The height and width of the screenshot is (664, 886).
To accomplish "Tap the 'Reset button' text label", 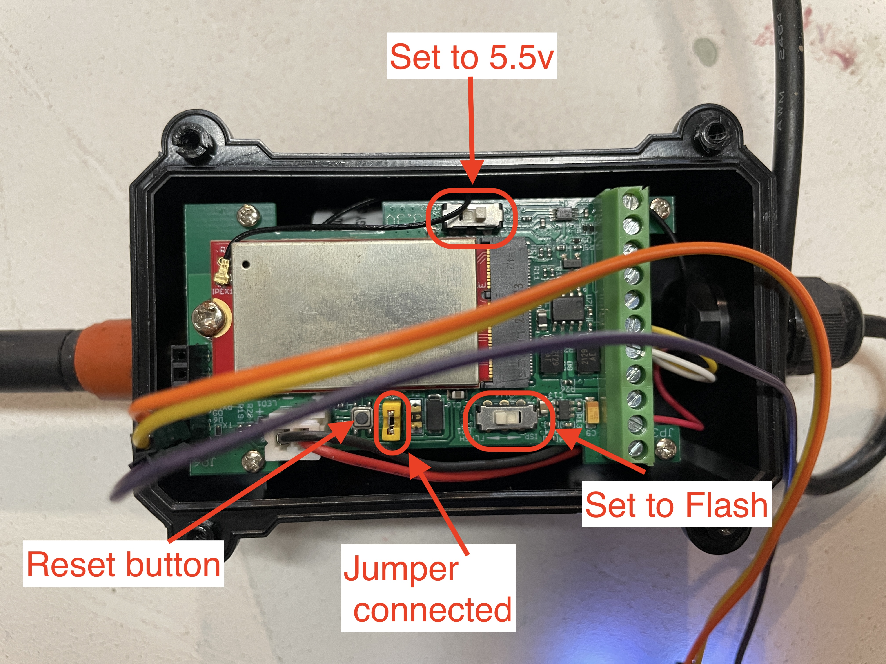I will [123, 564].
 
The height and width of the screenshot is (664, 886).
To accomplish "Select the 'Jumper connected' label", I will [428, 588].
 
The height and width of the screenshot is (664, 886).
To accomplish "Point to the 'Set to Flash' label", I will [676, 505].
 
